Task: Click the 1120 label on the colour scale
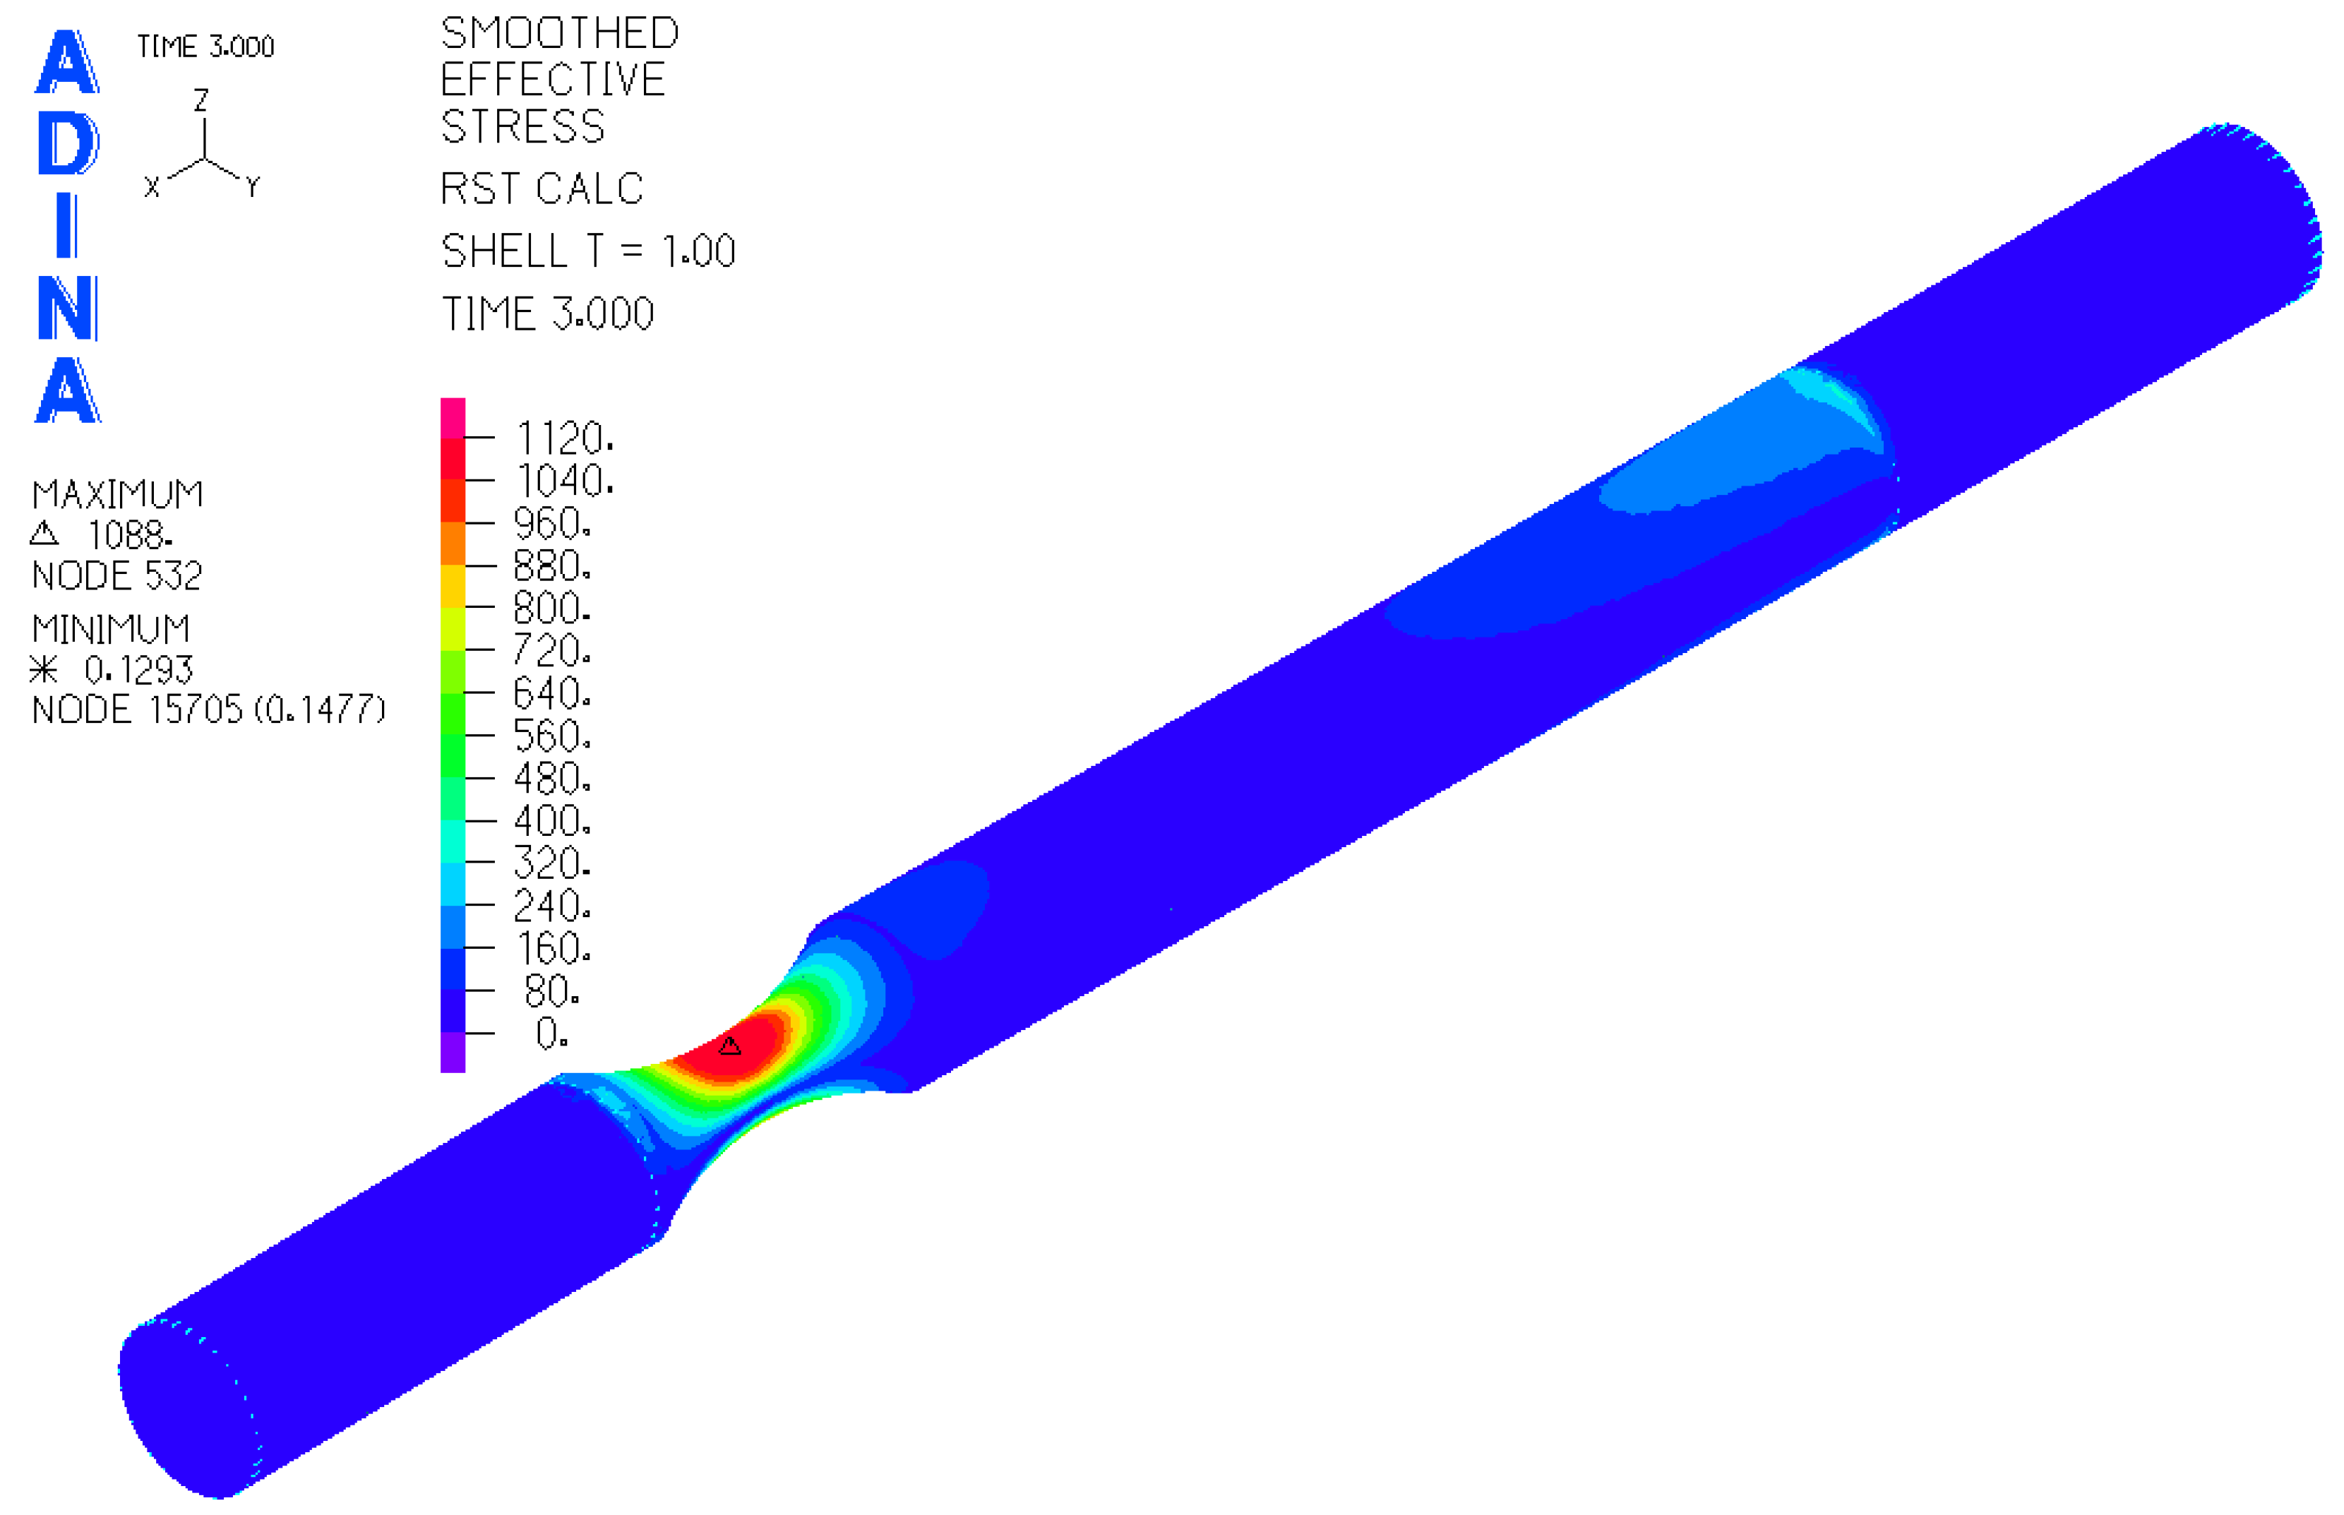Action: click(x=565, y=438)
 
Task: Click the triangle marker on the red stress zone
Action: click(x=729, y=1045)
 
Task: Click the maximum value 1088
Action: click(x=129, y=535)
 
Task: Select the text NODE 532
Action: click(x=117, y=575)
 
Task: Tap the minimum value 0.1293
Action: click(x=138, y=670)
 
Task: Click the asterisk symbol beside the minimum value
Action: click(x=43, y=670)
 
